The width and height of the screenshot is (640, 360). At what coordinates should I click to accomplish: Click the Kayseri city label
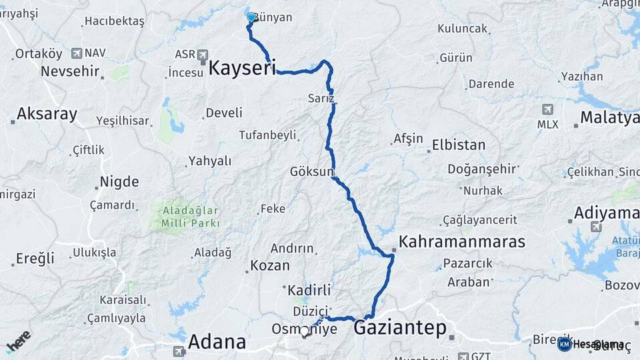click(x=242, y=68)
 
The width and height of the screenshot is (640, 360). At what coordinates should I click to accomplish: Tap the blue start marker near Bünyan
click(x=251, y=17)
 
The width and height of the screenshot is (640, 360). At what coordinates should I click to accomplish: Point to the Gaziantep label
click(x=400, y=328)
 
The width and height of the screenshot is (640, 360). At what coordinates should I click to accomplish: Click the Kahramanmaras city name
click(x=462, y=242)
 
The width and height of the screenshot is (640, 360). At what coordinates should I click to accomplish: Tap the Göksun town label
click(x=311, y=171)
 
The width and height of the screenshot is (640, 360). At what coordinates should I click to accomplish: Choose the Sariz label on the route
click(x=321, y=98)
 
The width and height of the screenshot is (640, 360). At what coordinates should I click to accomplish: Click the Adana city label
click(x=217, y=342)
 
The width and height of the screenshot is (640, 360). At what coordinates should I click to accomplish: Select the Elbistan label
click(x=459, y=145)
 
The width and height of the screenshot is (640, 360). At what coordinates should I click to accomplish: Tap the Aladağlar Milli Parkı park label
click(x=191, y=217)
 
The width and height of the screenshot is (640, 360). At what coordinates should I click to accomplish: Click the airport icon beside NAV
click(x=77, y=53)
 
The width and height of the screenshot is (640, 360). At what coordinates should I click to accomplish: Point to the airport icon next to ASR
click(x=203, y=55)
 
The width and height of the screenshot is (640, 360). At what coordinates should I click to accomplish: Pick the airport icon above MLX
click(x=547, y=109)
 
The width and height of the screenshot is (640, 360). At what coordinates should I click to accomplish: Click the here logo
click(x=18, y=341)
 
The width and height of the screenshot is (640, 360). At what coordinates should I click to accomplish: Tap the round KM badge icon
click(x=565, y=344)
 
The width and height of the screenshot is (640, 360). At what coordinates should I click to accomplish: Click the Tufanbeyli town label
click(x=267, y=135)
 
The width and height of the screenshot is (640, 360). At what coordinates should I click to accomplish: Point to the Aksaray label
click(x=47, y=114)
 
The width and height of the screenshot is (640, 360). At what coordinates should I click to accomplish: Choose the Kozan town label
click(x=269, y=265)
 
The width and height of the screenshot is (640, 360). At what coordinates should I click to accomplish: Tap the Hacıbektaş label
click(x=114, y=21)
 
